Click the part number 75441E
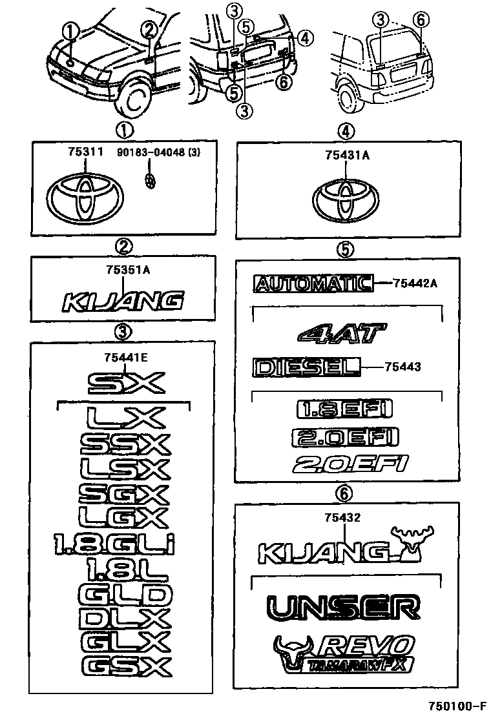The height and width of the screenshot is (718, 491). click(123, 356)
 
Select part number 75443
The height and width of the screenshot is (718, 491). click(402, 367)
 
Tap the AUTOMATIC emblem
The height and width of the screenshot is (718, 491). click(313, 283)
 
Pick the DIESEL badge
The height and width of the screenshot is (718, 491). click(306, 367)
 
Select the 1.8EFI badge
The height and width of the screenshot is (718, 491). click(344, 409)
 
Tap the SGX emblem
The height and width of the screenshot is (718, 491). click(123, 494)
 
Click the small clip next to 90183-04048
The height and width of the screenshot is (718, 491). click(151, 181)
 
